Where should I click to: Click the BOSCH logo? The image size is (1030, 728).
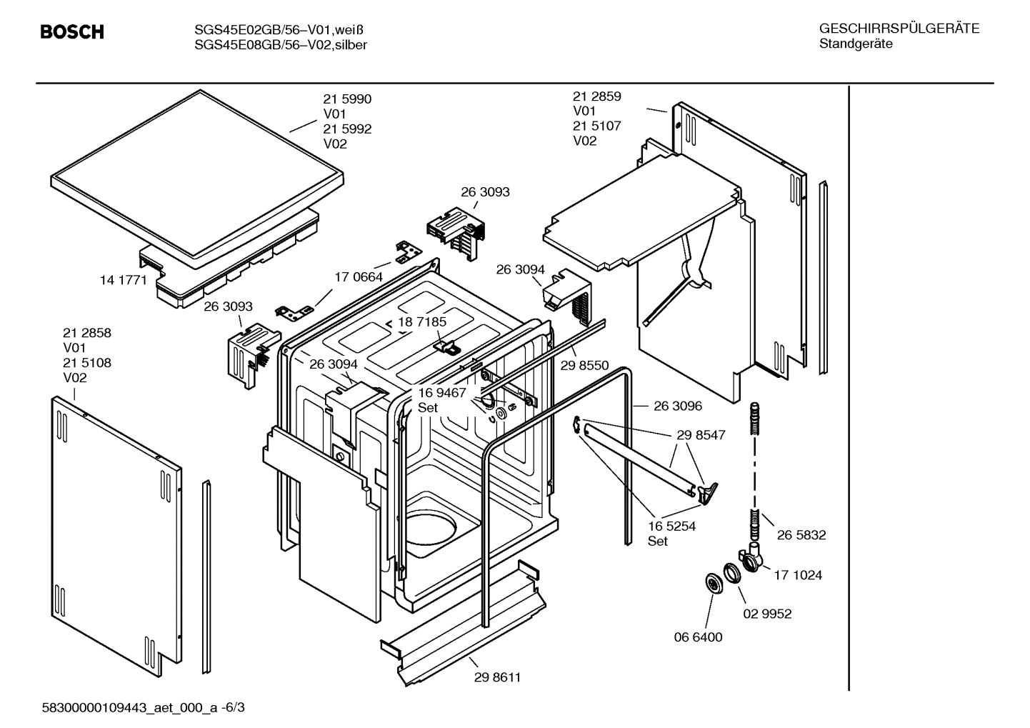tap(71, 32)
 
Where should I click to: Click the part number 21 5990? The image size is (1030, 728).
tap(347, 99)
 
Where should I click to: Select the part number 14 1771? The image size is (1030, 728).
tap(123, 280)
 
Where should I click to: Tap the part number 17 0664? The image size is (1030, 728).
tap(359, 276)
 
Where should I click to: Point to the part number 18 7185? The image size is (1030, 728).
tap(422, 321)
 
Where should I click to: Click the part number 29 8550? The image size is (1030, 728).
tap(584, 365)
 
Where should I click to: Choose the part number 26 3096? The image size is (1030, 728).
tap(678, 406)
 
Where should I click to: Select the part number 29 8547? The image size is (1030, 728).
tap(701, 434)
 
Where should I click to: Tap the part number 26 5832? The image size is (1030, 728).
tap(801, 534)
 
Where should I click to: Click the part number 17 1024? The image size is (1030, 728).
tap(798, 574)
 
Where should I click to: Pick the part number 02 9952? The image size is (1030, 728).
tap(767, 614)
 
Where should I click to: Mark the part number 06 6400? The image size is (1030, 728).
tap(698, 637)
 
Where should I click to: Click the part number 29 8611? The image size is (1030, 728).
tap(497, 677)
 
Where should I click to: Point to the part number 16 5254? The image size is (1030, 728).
tap(671, 526)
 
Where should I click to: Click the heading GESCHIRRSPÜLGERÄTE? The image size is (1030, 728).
tap(899, 29)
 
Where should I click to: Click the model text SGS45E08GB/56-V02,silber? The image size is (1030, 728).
tap(281, 45)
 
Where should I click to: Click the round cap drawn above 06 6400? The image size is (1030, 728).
tap(713, 583)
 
